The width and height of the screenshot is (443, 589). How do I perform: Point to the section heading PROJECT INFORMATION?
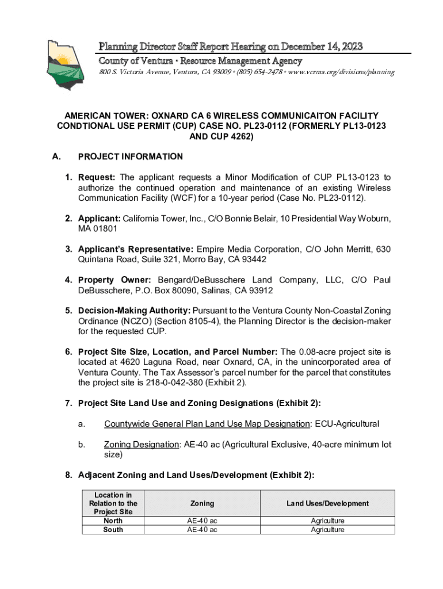(130, 156)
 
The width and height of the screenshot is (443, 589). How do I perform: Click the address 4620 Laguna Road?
(153, 362)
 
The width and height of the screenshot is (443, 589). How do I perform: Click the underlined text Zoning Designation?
(141, 444)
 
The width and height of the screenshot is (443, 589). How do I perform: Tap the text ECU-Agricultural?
(347, 424)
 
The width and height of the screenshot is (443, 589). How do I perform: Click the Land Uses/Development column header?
(328, 503)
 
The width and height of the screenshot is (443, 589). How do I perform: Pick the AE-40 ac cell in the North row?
(202, 521)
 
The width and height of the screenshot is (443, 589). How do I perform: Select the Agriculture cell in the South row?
(328, 530)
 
